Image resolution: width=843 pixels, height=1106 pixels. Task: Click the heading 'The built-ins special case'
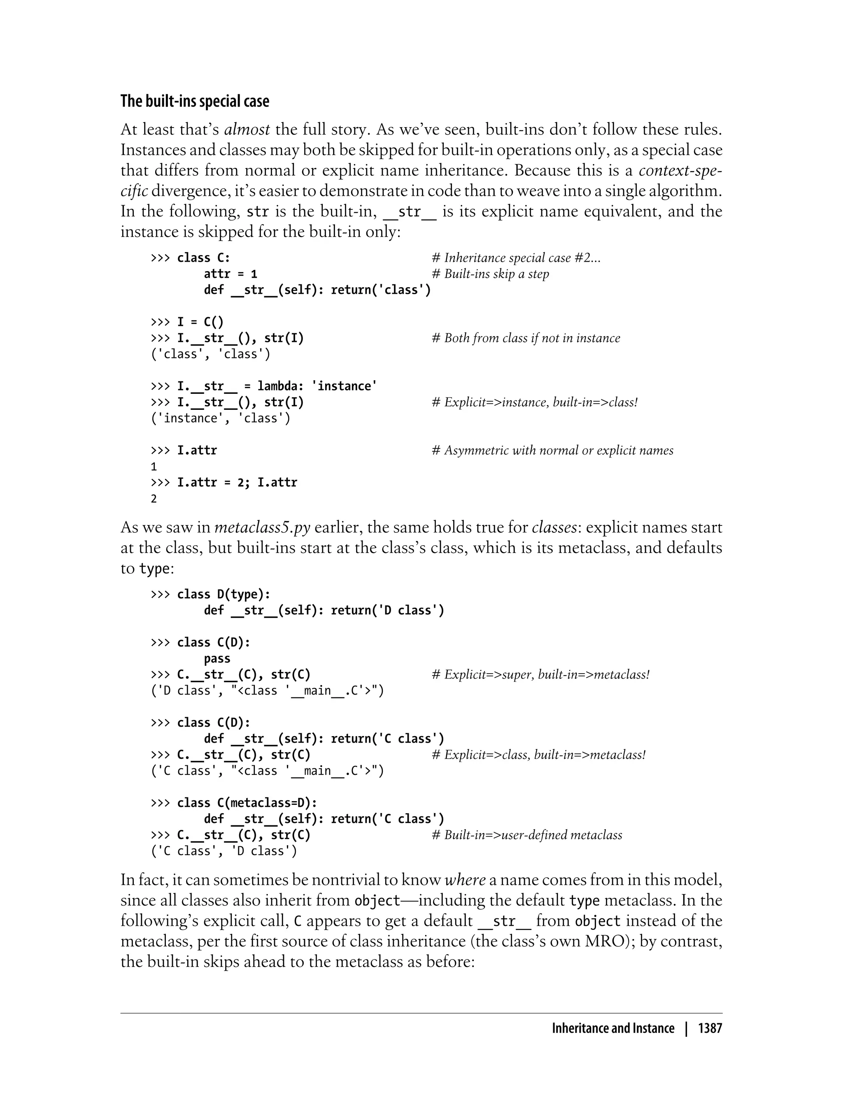tap(195, 101)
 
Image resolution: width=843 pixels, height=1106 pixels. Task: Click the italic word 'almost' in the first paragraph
tap(247, 130)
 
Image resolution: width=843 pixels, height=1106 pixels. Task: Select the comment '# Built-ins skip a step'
tap(490, 274)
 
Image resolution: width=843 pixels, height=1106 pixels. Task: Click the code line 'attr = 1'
tap(231, 274)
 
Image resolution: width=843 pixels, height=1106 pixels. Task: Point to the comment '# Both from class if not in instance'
tap(525, 338)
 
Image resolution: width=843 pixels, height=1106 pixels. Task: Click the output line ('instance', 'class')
tap(221, 418)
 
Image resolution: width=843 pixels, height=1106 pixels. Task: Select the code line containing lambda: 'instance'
tap(263, 386)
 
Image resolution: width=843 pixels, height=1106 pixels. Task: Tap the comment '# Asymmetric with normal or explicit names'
tap(552, 451)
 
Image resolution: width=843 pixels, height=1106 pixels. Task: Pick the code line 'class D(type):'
tap(211, 595)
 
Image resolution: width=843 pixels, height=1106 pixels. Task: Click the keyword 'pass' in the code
tap(217, 659)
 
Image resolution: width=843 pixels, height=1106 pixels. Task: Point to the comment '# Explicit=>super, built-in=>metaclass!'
tap(540, 675)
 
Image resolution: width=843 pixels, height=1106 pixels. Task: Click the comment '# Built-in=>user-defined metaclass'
tap(526, 835)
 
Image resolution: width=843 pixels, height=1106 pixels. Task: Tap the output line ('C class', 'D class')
tap(224, 851)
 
